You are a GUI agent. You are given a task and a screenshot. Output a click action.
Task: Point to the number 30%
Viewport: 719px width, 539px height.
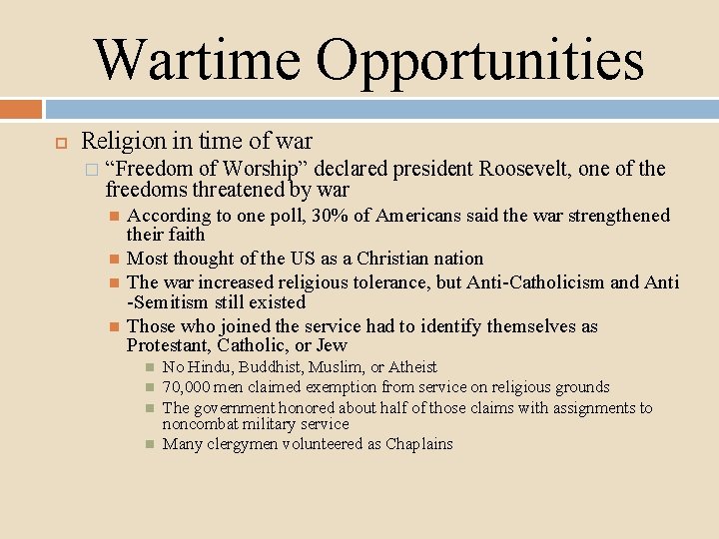pyautogui.click(x=332, y=216)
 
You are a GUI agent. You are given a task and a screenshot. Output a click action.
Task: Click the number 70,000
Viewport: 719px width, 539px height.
pyautogui.click(x=187, y=387)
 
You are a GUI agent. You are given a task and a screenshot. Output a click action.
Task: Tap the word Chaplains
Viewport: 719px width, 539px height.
pyautogui.click(x=419, y=444)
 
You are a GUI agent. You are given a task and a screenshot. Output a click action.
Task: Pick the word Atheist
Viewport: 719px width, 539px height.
pyautogui.click(x=412, y=367)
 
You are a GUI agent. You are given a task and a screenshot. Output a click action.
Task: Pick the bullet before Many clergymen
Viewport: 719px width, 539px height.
pyautogui.click(x=150, y=444)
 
